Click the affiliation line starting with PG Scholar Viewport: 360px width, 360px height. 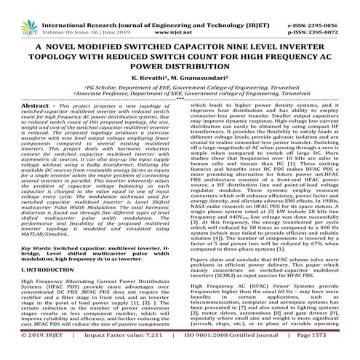tap(180, 84)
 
